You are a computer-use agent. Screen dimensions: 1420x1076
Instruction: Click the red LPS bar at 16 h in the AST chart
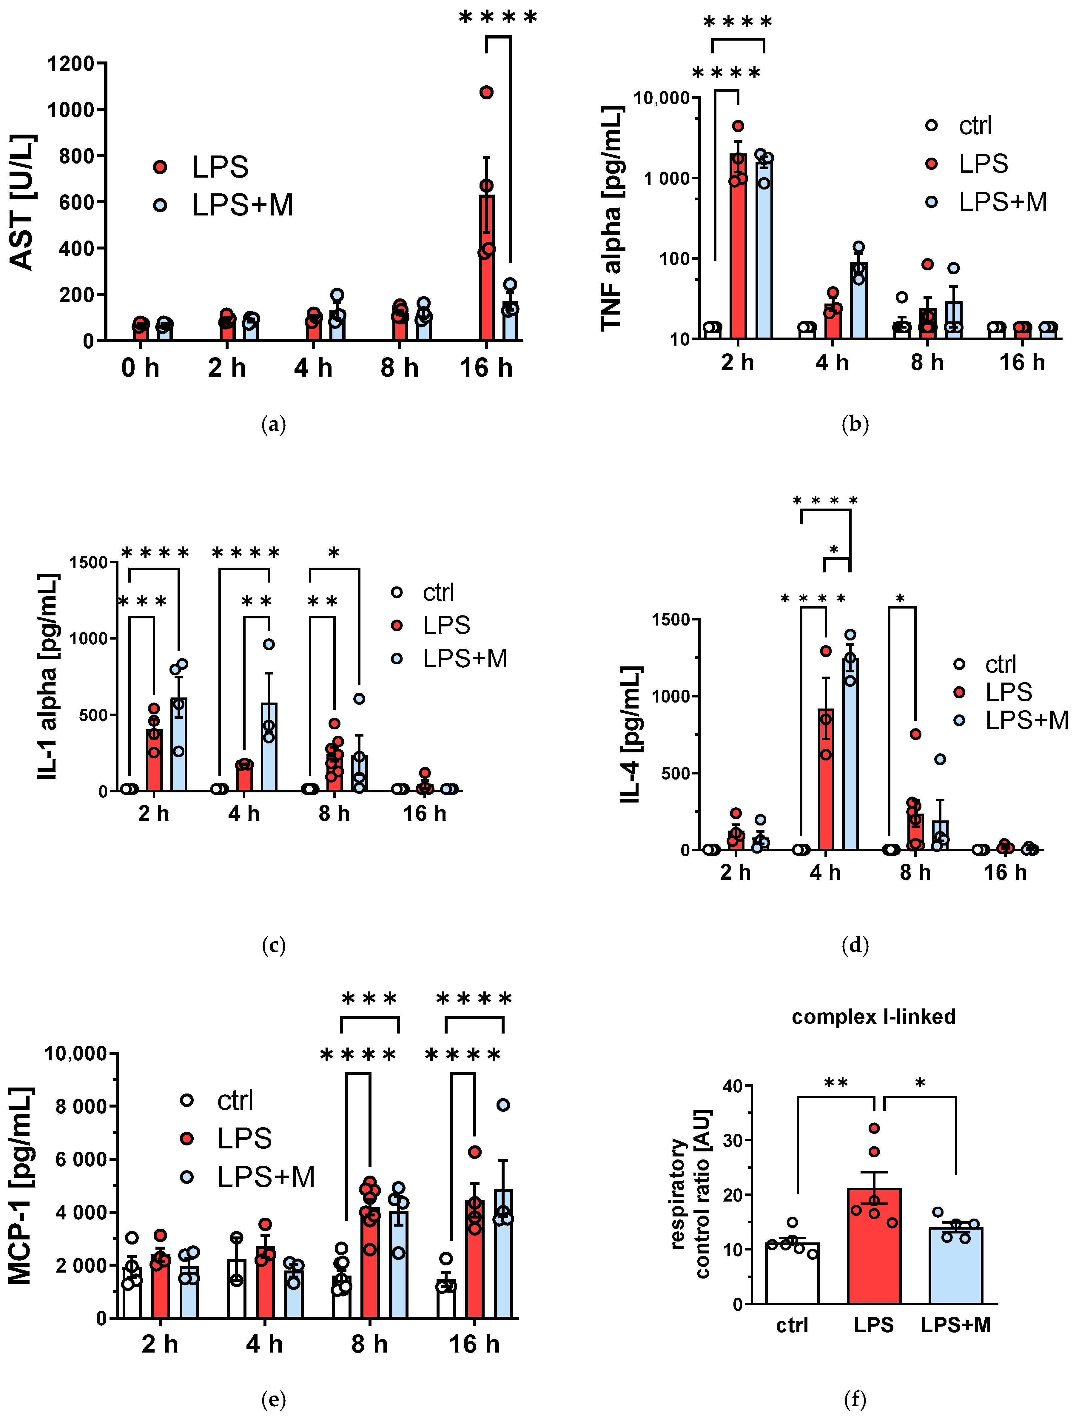(487, 276)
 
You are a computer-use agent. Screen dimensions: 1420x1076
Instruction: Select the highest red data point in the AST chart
(487, 93)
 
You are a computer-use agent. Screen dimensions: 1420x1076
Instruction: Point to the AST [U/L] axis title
(23, 202)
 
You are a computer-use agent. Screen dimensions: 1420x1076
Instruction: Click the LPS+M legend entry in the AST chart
(241, 205)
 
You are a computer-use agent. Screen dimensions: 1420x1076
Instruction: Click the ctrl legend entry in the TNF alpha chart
(975, 126)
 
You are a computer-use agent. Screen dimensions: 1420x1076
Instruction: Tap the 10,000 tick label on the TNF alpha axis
(661, 98)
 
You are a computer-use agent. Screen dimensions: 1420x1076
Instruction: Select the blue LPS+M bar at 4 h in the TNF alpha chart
(858, 302)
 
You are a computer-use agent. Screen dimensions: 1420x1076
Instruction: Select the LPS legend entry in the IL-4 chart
(1008, 692)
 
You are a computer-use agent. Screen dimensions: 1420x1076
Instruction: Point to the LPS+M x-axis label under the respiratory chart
(955, 1325)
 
